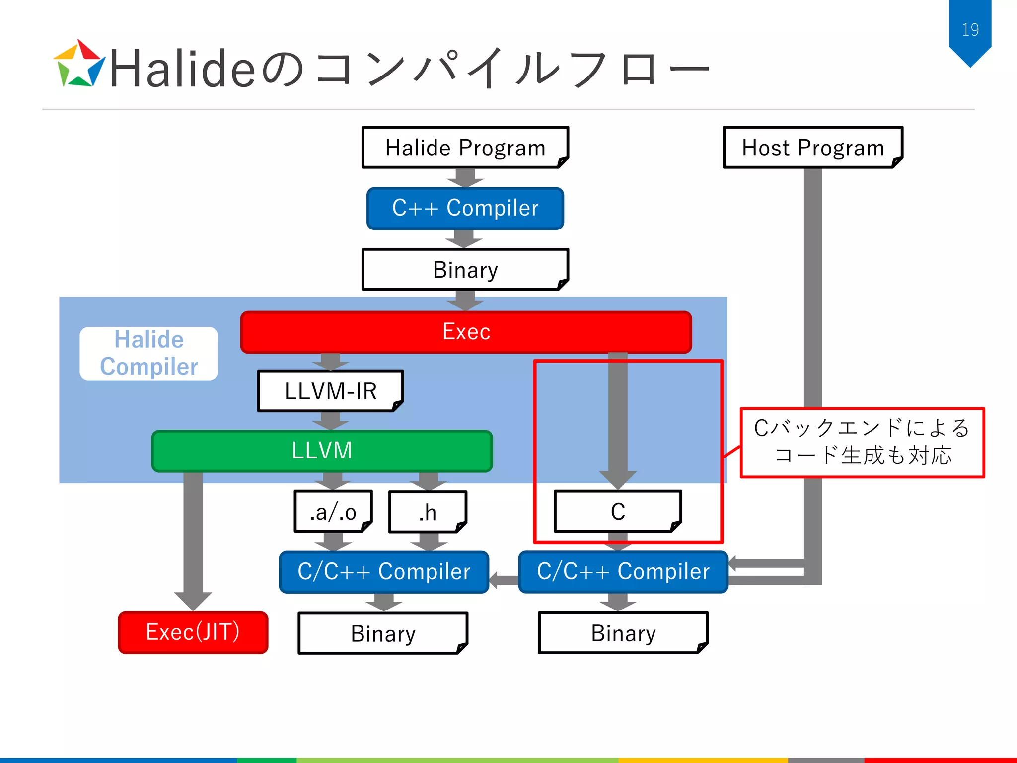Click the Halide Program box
[465, 148]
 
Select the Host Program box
[812, 148]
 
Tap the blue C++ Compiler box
[465, 208]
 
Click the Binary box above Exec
[465, 270]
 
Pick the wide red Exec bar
[466, 332]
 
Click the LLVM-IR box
[330, 391]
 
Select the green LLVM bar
[322, 451]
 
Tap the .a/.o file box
[333, 512]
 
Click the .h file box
[428, 512]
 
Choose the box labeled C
[617, 511]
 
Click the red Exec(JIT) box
[193, 632]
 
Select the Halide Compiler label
[148, 353]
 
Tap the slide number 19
[970, 30]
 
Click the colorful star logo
[78, 65]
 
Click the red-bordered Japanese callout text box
[862, 442]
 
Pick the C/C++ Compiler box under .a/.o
[384, 572]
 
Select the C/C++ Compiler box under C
[623, 572]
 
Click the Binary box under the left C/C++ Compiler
[383, 633]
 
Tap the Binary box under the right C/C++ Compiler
[623, 633]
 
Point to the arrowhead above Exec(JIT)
[193, 600]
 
